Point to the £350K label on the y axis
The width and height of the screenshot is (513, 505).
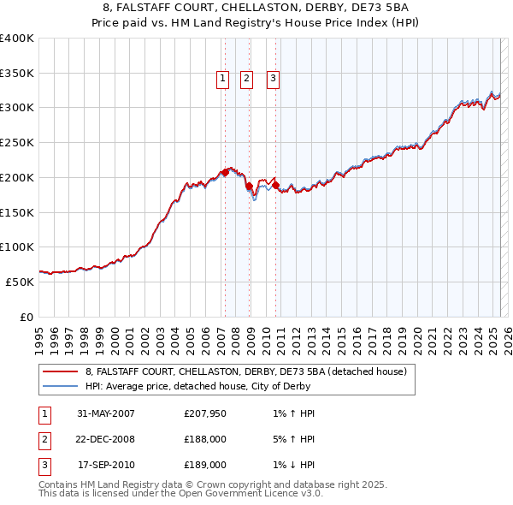[x=17, y=74]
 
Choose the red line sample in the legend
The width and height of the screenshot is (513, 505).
[x=60, y=371]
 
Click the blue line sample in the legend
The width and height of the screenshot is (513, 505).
[x=60, y=386]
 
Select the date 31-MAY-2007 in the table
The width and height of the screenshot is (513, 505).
[x=106, y=413]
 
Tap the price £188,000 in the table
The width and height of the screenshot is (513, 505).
[x=205, y=439]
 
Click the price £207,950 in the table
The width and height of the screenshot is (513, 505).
[x=205, y=413]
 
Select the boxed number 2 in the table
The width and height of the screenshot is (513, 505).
[x=43, y=439]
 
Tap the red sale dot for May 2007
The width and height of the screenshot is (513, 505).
[x=225, y=172]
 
